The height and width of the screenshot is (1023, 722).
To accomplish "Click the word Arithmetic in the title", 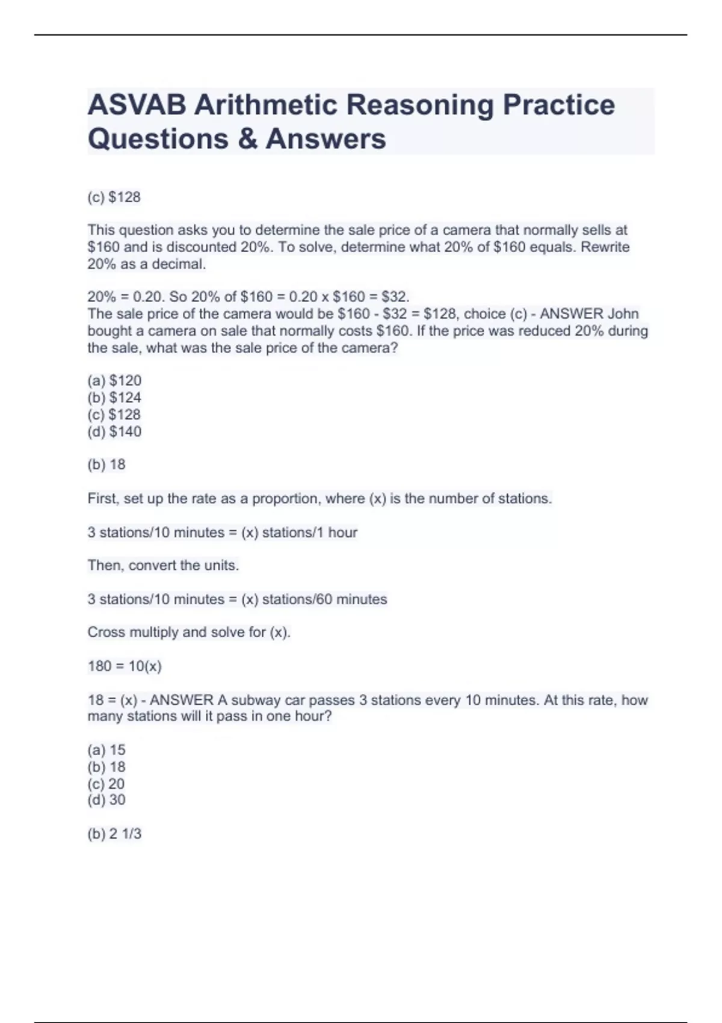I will (266, 105).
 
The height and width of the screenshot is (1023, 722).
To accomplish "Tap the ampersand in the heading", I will (247, 139).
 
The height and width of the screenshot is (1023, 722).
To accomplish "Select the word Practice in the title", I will (558, 105).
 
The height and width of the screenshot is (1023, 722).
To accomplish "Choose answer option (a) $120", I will (114, 380).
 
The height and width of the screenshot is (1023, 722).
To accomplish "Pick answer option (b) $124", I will (114, 397).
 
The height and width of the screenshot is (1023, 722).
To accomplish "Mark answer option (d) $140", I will (114, 431).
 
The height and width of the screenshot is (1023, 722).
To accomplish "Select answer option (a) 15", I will (106, 750).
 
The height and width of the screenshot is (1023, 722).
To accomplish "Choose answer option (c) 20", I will (106, 783).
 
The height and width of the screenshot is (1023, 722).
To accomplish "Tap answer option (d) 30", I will (106, 800).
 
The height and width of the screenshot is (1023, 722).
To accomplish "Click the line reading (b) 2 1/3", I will (114, 833).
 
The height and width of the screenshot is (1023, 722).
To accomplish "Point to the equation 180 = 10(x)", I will (125, 666).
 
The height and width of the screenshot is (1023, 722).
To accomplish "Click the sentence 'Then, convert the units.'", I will (163, 566).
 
